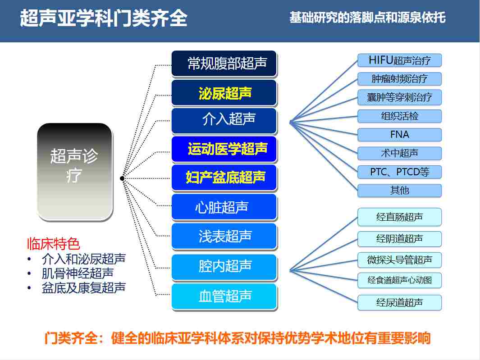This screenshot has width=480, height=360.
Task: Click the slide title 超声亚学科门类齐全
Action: click(x=103, y=18)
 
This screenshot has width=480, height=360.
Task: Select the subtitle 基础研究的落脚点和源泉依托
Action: click(x=367, y=18)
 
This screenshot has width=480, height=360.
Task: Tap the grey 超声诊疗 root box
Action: click(x=74, y=172)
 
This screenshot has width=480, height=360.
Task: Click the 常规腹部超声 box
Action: click(x=224, y=64)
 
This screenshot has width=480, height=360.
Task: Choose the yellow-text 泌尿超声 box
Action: click(x=224, y=93)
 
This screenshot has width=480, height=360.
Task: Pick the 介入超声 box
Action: click(x=224, y=119)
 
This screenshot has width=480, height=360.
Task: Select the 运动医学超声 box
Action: click(x=224, y=149)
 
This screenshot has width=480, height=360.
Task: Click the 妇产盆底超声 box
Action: click(x=224, y=177)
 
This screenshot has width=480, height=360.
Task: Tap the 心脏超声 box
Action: click(x=224, y=207)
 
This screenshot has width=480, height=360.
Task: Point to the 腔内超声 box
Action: click(x=224, y=266)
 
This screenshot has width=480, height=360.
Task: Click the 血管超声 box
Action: click(x=224, y=296)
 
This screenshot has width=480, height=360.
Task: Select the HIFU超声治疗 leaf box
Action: click(x=399, y=60)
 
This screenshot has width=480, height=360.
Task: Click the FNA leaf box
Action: click(x=399, y=135)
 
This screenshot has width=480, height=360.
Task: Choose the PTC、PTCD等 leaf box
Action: click(x=399, y=172)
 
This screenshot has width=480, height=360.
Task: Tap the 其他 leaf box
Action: click(x=399, y=191)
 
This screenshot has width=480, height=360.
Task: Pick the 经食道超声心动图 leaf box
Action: click(x=399, y=280)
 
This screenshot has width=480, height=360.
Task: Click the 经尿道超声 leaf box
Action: click(x=399, y=302)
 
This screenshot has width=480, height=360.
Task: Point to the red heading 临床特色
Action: click(x=53, y=244)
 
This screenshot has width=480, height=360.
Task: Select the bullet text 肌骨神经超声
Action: click(x=77, y=273)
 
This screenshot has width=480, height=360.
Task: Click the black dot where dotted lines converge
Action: click(x=122, y=179)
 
